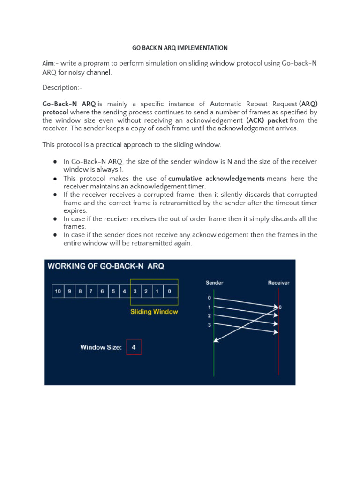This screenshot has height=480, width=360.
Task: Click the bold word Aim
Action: point(48,63)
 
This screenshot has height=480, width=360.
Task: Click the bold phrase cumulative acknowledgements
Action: point(217,179)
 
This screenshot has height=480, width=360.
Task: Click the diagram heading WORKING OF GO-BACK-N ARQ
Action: point(106,266)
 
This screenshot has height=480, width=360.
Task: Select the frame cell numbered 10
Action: point(58,291)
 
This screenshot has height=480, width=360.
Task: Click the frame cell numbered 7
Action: point(91,291)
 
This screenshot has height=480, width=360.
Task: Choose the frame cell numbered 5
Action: point(113,291)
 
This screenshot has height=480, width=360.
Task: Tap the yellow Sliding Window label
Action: point(154,312)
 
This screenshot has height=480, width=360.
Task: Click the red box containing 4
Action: point(134,347)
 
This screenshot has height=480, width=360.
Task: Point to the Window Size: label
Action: point(101,347)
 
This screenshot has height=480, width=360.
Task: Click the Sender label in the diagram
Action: point(214,283)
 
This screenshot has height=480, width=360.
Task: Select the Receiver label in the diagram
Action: point(278,283)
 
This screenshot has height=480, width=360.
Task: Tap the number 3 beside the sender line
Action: point(210,325)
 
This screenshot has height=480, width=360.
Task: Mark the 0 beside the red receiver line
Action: point(280,307)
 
